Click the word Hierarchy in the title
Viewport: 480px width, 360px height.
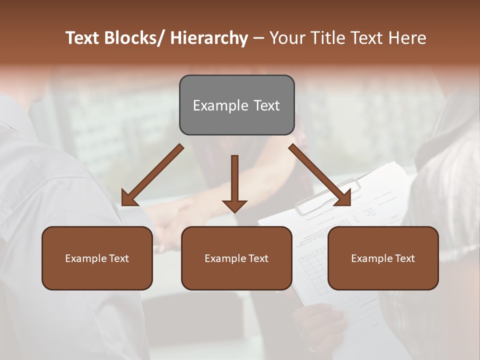209,38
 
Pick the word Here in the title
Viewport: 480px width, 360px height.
408,38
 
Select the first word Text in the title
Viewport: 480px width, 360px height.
83,38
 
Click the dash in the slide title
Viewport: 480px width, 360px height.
258,38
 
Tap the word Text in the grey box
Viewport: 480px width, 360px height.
266,105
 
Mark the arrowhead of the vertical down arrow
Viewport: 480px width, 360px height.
234,205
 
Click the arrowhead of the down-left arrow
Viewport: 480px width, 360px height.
128,199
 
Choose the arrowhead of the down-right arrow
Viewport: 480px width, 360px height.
344,198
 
